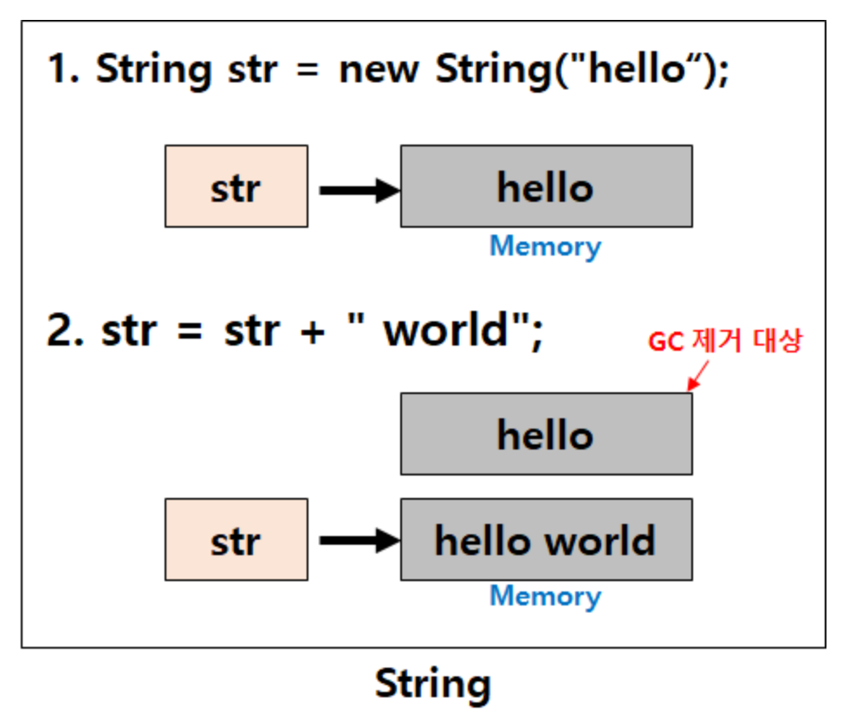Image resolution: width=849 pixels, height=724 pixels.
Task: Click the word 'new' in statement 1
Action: tap(379, 70)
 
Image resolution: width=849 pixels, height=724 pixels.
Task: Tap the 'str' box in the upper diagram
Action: tap(237, 186)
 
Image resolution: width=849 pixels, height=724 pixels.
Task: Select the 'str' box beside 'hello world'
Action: tap(237, 540)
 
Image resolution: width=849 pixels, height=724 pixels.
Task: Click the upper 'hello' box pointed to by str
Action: tap(547, 186)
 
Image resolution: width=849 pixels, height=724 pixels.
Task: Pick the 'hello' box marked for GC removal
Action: tap(547, 434)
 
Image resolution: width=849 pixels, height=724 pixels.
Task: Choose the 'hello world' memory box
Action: tap(547, 540)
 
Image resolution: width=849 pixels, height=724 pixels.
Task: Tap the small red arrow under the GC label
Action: tap(697, 376)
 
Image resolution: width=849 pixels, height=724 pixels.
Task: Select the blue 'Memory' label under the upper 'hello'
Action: tap(545, 248)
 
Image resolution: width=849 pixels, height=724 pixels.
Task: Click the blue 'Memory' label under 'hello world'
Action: tap(545, 597)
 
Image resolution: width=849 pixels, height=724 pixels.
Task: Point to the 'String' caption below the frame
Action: tap(432, 685)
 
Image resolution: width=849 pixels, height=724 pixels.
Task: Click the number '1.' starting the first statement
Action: tap(64, 70)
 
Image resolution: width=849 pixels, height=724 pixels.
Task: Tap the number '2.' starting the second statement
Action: tap(66, 330)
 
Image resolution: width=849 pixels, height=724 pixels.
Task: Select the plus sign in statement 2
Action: tap(313, 332)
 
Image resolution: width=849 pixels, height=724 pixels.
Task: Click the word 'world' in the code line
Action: tap(445, 330)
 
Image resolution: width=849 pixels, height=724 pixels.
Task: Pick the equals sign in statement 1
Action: tap(308, 70)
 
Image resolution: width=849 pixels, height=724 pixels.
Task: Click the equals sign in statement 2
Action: tap(190, 331)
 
